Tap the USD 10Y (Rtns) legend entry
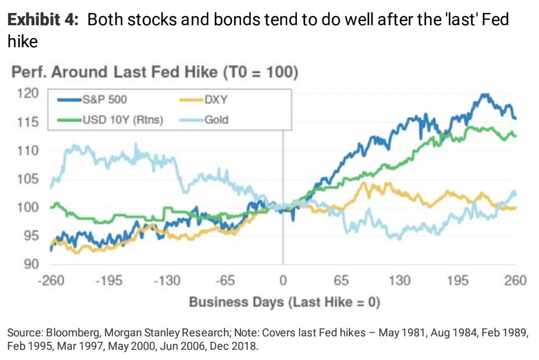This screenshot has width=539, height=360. coord(122,119)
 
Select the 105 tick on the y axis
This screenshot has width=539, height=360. coord(28,179)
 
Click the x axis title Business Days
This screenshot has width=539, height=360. coord(284,302)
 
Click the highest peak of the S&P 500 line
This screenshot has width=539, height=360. coord(485,95)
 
